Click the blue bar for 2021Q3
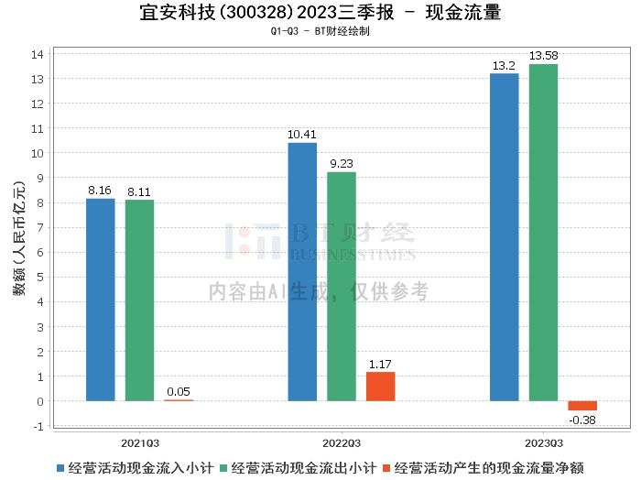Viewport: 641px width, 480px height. (101, 300)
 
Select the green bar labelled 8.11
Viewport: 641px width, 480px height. (140, 300)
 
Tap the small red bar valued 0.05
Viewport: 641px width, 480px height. (179, 400)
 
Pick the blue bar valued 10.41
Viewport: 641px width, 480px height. (302, 272)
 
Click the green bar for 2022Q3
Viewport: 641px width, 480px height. (342, 287)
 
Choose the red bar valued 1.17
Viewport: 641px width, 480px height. (380, 387)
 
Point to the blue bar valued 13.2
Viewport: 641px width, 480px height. (505, 237)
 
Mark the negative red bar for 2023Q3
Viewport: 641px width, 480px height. (582, 406)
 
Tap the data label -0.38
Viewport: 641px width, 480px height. (582, 420)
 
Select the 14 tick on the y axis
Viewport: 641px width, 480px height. (38, 54)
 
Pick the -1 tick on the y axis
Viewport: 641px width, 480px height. (38, 426)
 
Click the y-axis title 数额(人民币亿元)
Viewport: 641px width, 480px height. (18, 240)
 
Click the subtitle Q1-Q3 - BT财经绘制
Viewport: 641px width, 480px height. (320, 31)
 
